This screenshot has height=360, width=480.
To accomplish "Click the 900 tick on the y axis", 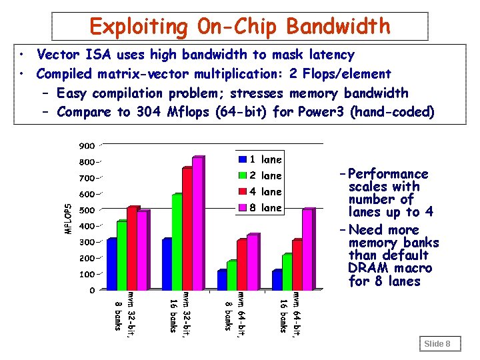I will pos(87,146).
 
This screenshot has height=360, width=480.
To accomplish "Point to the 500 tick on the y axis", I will pos(87,210).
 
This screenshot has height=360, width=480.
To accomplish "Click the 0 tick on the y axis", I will pos(92,290).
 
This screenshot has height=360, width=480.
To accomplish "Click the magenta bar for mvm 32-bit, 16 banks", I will pos(197,223).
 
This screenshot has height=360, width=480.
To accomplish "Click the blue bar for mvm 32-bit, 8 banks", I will pos(111,263).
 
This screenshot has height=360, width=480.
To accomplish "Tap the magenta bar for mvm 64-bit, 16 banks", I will pos(307,249).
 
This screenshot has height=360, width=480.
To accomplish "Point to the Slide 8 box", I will pos(438,343).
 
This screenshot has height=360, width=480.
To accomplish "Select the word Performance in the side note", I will pos(388,174).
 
